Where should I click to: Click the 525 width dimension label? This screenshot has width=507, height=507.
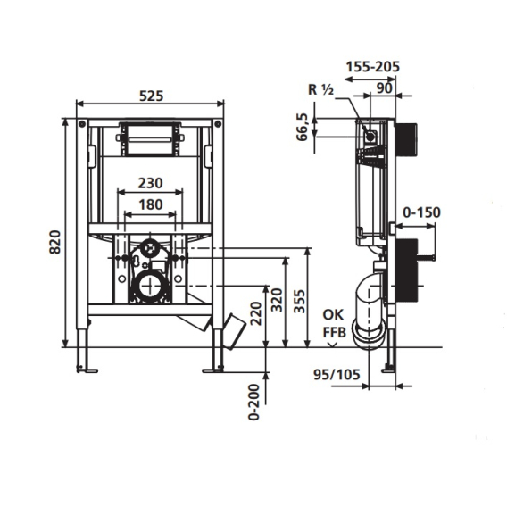coord(151,96)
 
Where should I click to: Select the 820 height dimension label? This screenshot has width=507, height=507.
coord(55,242)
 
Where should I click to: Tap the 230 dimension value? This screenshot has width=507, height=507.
coord(150,183)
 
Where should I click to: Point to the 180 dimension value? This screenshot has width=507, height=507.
coord(150,204)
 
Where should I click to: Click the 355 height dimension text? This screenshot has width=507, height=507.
coord(299,302)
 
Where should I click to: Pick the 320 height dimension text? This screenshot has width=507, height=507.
coord(277,300)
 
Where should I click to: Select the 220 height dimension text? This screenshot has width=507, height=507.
coord(256,313)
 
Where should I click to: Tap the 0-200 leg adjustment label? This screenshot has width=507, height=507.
coord(254,402)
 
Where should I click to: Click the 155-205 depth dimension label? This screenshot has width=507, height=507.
coord(373,67)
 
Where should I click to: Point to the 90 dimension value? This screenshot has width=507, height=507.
coord(385,88)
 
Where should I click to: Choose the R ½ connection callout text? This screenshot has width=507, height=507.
coord(320,89)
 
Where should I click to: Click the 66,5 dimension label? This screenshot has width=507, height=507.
coord(303,127)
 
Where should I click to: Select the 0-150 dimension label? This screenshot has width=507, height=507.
coord(421,212)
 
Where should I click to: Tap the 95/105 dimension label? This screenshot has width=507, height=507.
coord(337,374)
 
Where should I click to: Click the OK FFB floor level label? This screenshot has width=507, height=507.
coord(334,323)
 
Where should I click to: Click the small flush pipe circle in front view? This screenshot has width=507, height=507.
coord(150,248)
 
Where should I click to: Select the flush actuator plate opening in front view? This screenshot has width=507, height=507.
coord(149,139)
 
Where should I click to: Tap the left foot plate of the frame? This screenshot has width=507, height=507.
coord(87,370)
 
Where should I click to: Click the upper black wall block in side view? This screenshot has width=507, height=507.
coord(405,137)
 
